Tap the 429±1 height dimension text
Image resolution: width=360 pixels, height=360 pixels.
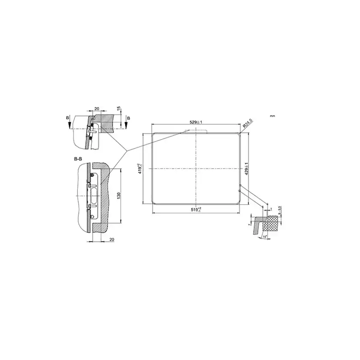tap(246, 169)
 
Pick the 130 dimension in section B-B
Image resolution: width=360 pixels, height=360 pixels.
tap(118, 196)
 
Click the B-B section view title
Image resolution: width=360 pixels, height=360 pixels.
tap(78, 160)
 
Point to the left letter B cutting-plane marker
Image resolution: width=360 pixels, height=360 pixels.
tap(67, 118)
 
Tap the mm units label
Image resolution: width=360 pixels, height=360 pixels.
tap(273, 117)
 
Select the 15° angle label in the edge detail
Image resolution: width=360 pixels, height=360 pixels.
tap(265, 237)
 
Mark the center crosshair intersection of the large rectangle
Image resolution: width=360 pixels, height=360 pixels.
tap(197, 169)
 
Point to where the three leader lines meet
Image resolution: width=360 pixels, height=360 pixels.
tap(127, 150)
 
